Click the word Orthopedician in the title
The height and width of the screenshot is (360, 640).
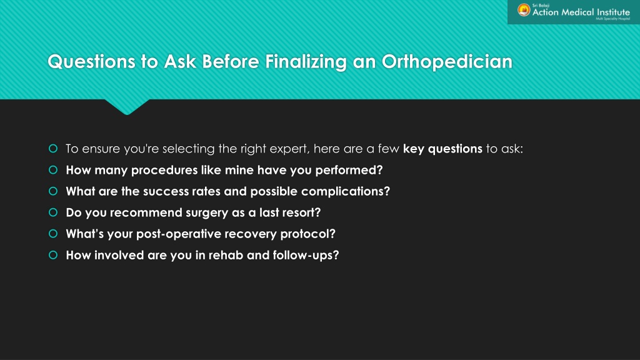click(447, 62)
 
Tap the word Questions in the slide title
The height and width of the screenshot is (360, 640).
click(91, 62)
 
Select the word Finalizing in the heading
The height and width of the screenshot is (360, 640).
click(306, 62)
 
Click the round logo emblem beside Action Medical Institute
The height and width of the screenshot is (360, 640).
click(524, 10)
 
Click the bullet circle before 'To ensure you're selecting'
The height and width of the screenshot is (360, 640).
click(53, 149)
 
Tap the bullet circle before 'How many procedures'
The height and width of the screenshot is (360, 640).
click(53, 170)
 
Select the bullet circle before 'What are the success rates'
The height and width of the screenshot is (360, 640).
click(53, 191)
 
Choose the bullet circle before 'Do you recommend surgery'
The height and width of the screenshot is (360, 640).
click(53, 212)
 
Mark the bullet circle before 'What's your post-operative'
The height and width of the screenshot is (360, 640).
click(53, 234)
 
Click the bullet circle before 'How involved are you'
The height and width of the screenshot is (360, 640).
click(53, 255)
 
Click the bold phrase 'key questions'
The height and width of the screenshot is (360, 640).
click(442, 149)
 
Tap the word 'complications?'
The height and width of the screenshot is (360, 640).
click(345, 191)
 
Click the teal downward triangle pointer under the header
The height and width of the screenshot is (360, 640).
click(126, 106)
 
